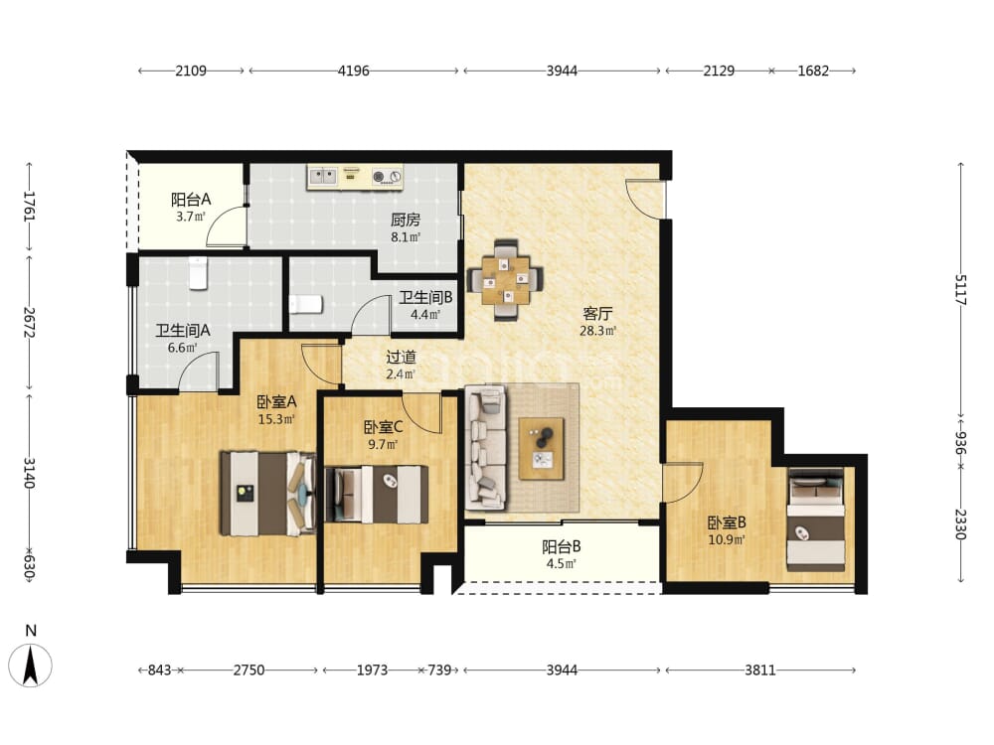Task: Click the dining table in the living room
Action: point(505,280)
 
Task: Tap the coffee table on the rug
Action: point(541,449)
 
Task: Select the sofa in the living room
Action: point(486,447)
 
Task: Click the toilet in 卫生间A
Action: point(199,273)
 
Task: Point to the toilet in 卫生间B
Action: point(306,304)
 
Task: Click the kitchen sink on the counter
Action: point(323,176)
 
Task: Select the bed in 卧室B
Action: point(816,520)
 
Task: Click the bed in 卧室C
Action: point(376,495)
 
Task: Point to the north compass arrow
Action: point(30,665)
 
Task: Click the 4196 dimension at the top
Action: point(353,71)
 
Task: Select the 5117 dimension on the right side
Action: point(961,290)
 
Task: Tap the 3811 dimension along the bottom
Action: point(760,670)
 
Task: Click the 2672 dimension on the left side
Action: point(29,323)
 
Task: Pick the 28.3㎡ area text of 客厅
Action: point(597,331)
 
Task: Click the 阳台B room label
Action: point(561,546)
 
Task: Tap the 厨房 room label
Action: point(406,220)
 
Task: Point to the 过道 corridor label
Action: point(402,357)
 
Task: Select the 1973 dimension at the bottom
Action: point(372,670)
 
